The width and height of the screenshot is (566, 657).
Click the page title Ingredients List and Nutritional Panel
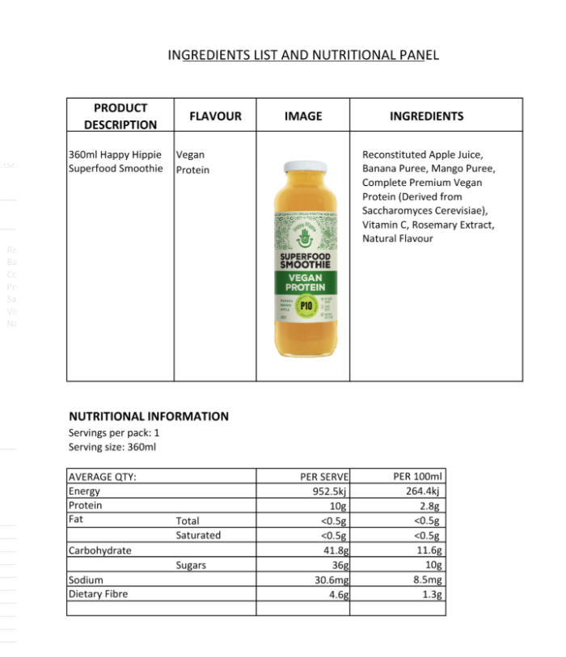[302, 55]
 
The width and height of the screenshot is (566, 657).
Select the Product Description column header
[120, 116]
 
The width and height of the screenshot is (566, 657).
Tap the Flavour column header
[215, 116]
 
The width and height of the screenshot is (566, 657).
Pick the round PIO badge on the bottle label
[306, 305]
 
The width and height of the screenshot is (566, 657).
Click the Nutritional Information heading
[149, 416]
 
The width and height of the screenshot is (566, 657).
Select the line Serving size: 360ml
[112, 447]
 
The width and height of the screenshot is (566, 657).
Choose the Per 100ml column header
[416, 477]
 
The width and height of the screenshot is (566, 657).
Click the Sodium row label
[86, 579]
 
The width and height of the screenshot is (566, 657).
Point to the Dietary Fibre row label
[98, 594]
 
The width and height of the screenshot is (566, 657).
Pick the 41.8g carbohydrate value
[335, 550]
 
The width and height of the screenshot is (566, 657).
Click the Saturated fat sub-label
[198, 535]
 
